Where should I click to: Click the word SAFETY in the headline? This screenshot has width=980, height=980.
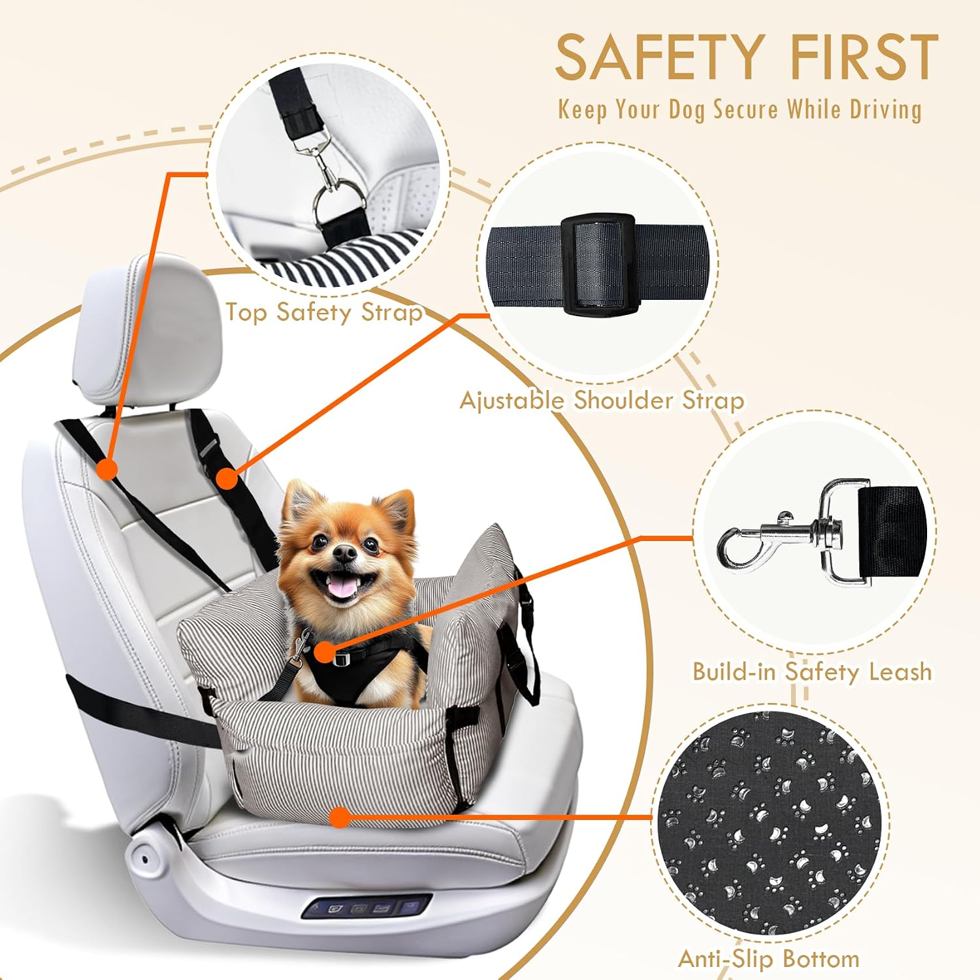point(660,57)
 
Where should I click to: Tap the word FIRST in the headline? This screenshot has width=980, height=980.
point(864,57)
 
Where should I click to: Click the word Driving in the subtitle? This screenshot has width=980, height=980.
point(885,110)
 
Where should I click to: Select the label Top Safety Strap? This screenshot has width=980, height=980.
point(324,312)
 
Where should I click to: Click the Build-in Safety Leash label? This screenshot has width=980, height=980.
point(812,672)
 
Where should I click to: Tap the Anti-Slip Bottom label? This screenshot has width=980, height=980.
point(769,958)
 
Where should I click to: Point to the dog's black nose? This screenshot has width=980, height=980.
point(345,553)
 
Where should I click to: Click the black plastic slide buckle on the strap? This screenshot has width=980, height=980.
point(598,264)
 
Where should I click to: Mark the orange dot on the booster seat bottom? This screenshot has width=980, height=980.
point(339,817)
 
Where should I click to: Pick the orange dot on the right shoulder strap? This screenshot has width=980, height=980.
point(227,478)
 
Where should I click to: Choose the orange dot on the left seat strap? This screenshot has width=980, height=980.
point(106,468)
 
